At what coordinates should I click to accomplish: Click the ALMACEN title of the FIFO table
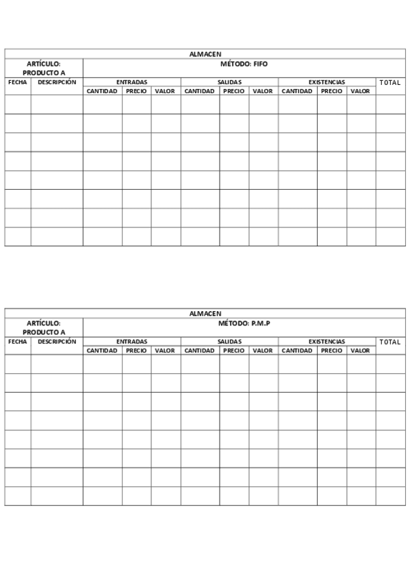click(x=205, y=53)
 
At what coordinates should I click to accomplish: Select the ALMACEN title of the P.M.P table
click(x=205, y=313)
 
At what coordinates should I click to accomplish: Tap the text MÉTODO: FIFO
click(x=244, y=64)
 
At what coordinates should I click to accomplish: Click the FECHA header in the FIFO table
click(x=17, y=82)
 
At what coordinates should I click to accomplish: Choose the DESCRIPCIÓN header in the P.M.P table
click(x=57, y=341)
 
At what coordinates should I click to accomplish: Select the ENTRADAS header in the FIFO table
click(x=131, y=82)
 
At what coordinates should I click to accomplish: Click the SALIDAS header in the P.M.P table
click(x=229, y=341)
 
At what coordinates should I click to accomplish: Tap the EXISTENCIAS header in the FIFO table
click(x=326, y=82)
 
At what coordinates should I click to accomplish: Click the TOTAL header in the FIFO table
click(x=390, y=82)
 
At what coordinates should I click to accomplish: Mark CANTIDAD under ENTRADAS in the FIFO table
click(x=103, y=91)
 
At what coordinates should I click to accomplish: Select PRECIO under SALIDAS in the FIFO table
click(x=234, y=91)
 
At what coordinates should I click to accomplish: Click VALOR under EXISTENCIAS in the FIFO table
click(x=360, y=91)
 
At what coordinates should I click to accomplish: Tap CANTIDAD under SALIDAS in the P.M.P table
click(x=200, y=351)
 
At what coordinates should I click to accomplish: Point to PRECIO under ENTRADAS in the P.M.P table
click(x=136, y=351)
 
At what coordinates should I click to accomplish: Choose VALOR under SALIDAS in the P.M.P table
click(x=263, y=351)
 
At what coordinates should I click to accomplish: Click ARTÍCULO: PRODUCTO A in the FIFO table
click(x=44, y=68)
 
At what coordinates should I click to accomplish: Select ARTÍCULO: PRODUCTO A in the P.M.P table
click(x=44, y=327)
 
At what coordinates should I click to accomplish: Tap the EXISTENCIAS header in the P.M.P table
click(x=326, y=341)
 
